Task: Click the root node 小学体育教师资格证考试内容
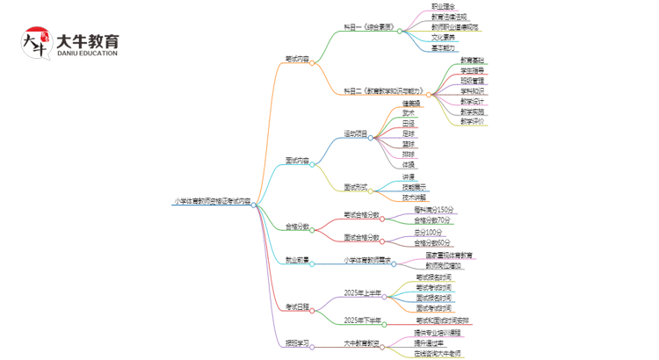[211, 202]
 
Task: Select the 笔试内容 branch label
[297, 60]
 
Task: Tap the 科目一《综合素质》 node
[367, 30]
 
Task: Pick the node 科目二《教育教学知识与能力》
[383, 90]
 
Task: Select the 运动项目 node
[356, 134]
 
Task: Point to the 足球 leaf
[409, 133]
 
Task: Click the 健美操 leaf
[411, 104]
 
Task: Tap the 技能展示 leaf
[415, 187]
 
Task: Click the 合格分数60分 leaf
[432, 242]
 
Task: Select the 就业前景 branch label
[297, 261]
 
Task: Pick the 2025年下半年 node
[362, 320]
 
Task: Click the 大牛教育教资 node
[362, 343]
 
